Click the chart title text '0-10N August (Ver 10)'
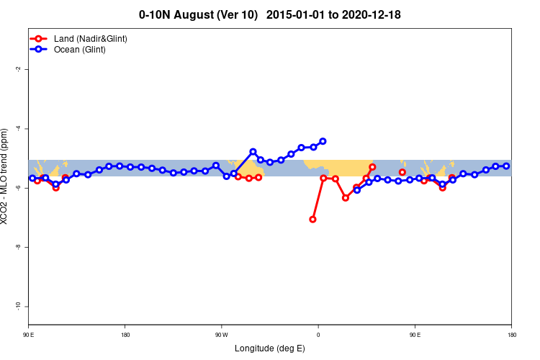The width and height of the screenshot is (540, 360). pyautogui.click(x=198, y=14)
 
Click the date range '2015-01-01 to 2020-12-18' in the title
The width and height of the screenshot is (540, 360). pyautogui.click(x=333, y=14)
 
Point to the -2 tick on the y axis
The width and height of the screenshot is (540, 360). pyautogui.click(x=18, y=69)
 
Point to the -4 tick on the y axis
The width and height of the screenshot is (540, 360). pyautogui.click(x=18, y=128)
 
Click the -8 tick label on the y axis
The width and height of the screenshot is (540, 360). pyautogui.click(x=18, y=247)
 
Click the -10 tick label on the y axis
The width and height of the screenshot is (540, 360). pyautogui.click(x=18, y=306)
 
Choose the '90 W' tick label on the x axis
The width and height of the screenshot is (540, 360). pyautogui.click(x=221, y=334)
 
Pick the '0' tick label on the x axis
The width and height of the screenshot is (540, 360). pyautogui.click(x=318, y=334)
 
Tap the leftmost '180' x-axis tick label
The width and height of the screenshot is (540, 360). pyautogui.click(x=125, y=334)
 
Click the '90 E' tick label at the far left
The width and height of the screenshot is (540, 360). pyautogui.click(x=28, y=334)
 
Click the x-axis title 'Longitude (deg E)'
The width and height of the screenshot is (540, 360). pyautogui.click(x=270, y=348)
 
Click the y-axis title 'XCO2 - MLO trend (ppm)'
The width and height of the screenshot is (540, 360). pyautogui.click(x=6, y=176)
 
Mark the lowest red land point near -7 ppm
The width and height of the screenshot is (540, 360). pyautogui.click(x=312, y=219)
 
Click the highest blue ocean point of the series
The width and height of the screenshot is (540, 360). pyautogui.click(x=323, y=141)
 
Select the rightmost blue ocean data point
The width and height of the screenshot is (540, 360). pyautogui.click(x=506, y=166)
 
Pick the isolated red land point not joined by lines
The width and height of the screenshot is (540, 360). pyautogui.click(x=402, y=172)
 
